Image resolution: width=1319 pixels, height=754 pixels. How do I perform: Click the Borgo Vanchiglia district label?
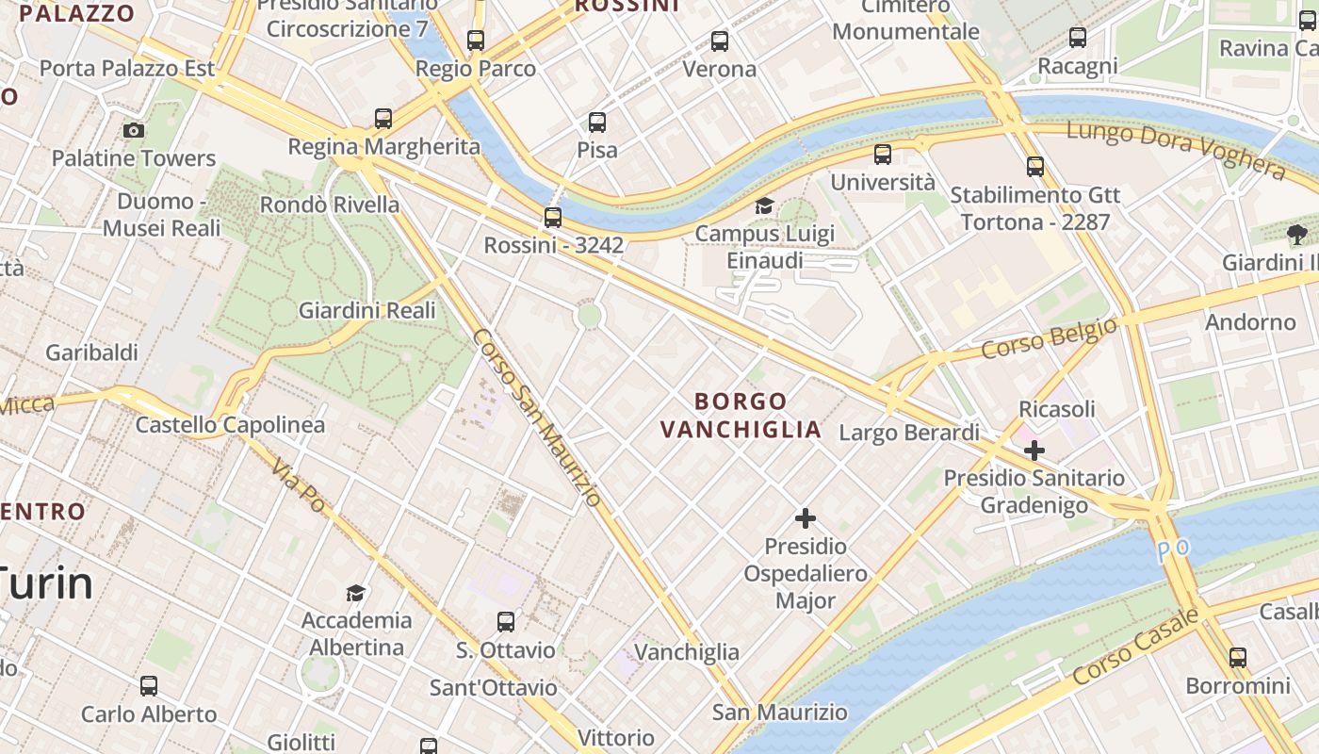pyautogui.click(x=741, y=416)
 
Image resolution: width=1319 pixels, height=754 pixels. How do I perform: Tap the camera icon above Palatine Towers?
pyautogui.click(x=134, y=130)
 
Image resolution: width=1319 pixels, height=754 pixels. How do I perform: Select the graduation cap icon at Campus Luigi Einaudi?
pyautogui.click(x=764, y=206)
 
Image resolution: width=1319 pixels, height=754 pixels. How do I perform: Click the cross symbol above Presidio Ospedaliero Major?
pyautogui.click(x=806, y=518)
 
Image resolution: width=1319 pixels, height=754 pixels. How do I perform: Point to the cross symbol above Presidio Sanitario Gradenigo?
pyautogui.click(x=1034, y=451)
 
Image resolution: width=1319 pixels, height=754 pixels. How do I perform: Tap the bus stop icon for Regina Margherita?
pyautogui.click(x=383, y=119)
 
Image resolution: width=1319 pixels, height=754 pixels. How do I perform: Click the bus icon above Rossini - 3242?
pyautogui.click(x=553, y=218)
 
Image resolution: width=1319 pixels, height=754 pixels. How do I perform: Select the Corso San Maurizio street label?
pyautogui.click(x=536, y=418)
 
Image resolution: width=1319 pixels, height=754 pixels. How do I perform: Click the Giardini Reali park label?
pyautogui.click(x=367, y=310)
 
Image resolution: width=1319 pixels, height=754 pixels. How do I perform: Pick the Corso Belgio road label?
pyautogui.click(x=1049, y=338)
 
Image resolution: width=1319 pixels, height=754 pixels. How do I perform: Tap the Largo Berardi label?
pyautogui.click(x=909, y=433)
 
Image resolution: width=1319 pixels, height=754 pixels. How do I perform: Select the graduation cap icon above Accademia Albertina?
pyautogui.click(x=355, y=593)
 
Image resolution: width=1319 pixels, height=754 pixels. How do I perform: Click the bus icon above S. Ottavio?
pyautogui.click(x=506, y=622)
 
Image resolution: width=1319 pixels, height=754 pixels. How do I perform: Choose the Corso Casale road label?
pyautogui.click(x=1136, y=647)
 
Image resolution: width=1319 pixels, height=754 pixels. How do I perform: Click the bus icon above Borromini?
pyautogui.click(x=1238, y=658)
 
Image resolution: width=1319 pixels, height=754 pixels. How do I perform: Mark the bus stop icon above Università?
pyautogui.click(x=883, y=155)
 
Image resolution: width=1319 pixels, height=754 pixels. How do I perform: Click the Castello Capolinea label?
pyautogui.click(x=230, y=425)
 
